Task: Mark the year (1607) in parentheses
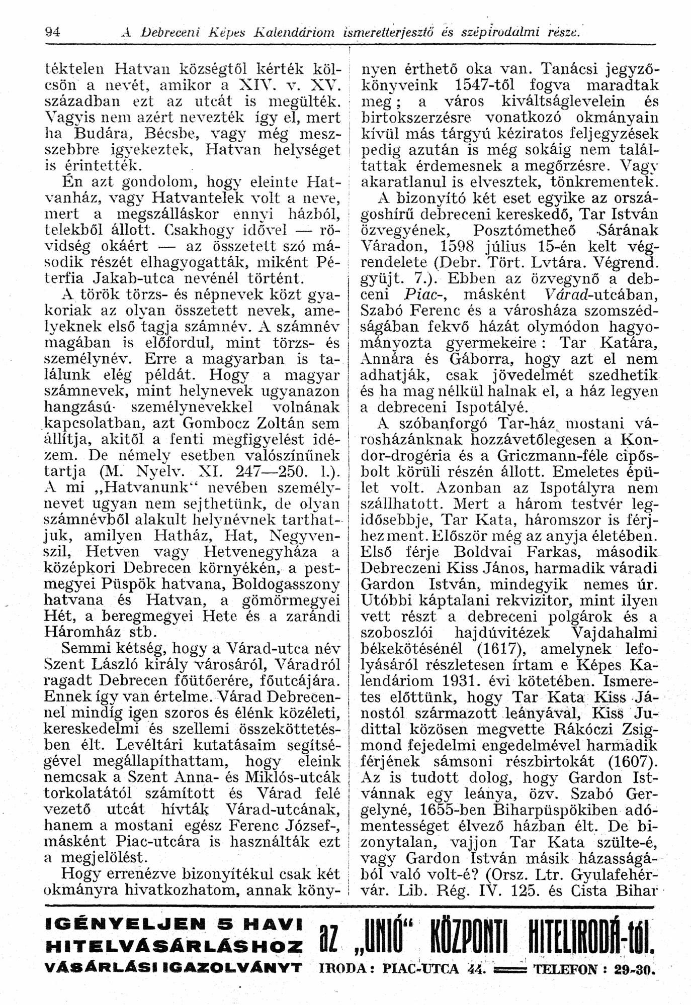[633, 761]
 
